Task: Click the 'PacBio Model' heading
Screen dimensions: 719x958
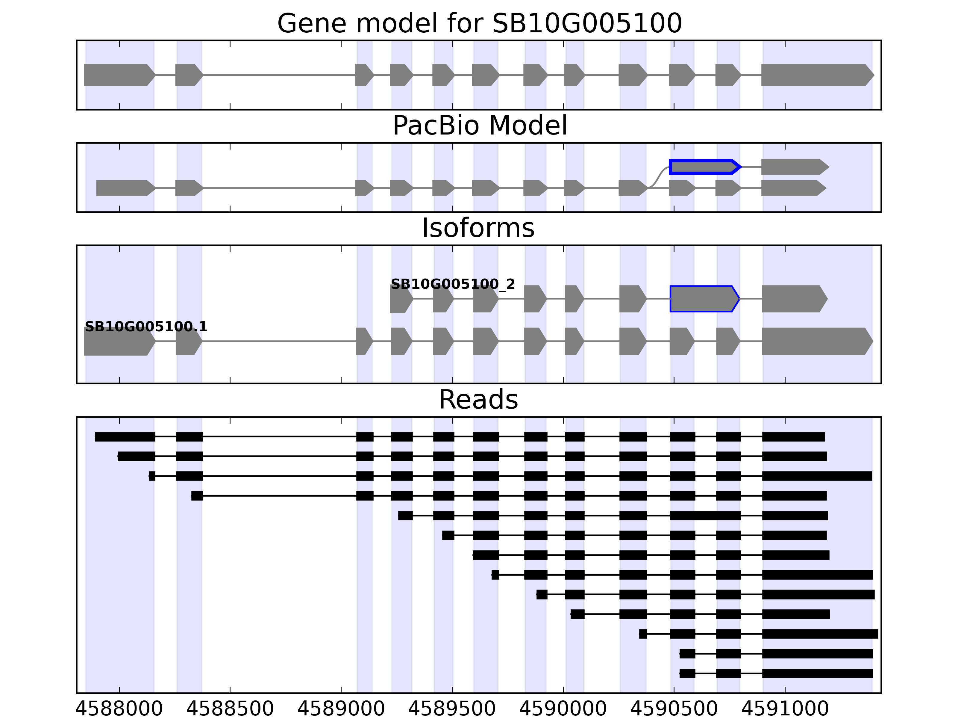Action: (479, 126)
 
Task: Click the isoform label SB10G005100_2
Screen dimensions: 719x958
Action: (453, 284)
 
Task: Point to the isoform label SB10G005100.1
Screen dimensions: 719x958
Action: (146, 327)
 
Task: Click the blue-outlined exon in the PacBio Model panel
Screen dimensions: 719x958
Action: (704, 167)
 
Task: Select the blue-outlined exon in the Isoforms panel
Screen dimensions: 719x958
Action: (704, 299)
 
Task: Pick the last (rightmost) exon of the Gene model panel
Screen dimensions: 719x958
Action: (816, 75)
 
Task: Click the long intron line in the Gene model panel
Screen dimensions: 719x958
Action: (279, 75)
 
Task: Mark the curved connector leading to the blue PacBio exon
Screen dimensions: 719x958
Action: (658, 177)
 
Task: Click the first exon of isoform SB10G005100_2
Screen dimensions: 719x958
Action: (400, 299)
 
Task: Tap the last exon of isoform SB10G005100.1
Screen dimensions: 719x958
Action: (816, 341)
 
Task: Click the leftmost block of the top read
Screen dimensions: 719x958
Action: (125, 437)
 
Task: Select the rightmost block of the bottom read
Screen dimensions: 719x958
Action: (817, 673)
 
